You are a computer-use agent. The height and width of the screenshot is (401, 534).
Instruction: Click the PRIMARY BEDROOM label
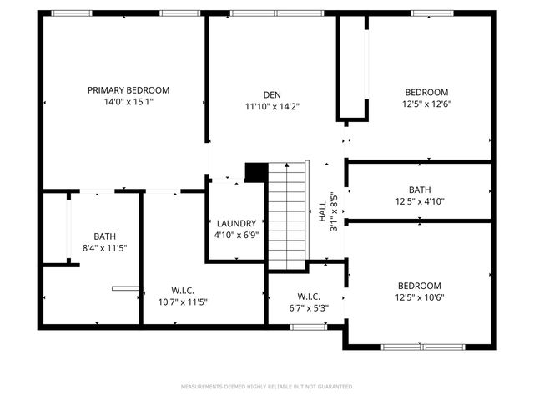coord(128,90)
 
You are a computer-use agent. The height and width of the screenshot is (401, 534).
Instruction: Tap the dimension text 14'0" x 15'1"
coord(128,102)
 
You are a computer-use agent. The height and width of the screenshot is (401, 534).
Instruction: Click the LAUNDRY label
coord(236,224)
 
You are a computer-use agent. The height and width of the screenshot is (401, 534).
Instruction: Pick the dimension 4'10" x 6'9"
coord(236,236)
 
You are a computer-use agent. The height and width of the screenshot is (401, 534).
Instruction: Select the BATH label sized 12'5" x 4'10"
coord(420,190)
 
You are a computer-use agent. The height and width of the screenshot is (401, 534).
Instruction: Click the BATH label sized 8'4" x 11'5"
coord(104,236)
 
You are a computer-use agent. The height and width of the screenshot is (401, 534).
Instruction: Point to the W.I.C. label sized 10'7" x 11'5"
coord(182,291)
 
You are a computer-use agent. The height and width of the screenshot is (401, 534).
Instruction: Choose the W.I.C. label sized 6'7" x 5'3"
coord(308,297)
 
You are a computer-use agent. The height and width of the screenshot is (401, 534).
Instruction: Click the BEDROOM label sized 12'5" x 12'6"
coord(426,92)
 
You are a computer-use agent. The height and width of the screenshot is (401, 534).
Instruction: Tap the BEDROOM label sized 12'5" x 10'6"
coord(419,285)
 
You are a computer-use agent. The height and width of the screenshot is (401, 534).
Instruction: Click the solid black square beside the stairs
coord(255,171)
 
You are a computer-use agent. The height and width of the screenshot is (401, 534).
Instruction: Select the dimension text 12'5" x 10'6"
coord(419,297)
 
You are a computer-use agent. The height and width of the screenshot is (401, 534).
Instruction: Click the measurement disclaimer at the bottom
coord(267,387)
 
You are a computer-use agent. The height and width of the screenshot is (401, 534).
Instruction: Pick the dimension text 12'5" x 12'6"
coord(426,104)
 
